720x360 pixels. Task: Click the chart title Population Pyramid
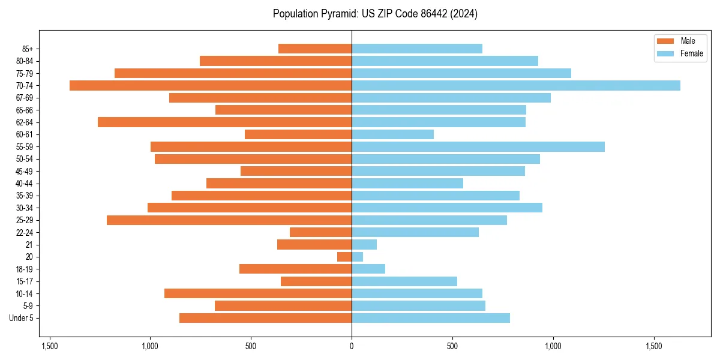tap(375, 14)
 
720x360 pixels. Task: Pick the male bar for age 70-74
tap(211, 85)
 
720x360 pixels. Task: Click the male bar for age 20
tap(344, 257)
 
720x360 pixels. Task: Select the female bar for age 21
tap(364, 244)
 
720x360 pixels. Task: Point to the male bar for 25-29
tap(229, 220)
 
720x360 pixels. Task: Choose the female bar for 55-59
tap(478, 146)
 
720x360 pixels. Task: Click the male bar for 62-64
tap(224, 122)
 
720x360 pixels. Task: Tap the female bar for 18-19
tap(368, 269)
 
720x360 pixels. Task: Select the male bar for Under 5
tap(265, 318)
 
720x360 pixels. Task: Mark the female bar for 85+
tap(417, 49)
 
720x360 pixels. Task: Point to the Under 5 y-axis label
tap(22, 318)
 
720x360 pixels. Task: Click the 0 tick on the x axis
tap(352, 346)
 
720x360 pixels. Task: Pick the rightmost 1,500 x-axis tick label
tap(654, 346)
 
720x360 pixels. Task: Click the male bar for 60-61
tap(298, 134)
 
